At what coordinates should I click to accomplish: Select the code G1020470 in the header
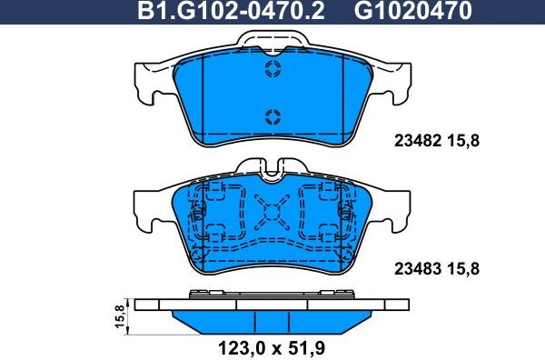click(x=400, y=12)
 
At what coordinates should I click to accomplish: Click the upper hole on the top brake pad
click(x=272, y=71)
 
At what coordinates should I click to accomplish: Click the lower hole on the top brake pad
click(x=272, y=115)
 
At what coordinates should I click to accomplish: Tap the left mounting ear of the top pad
click(x=150, y=83)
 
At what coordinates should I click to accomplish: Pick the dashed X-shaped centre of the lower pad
click(x=272, y=215)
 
